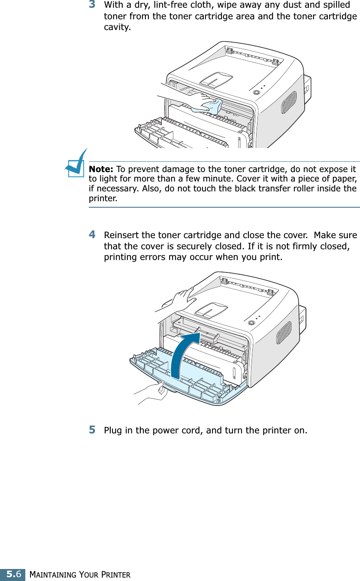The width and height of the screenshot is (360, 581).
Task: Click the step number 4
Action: tap(92, 235)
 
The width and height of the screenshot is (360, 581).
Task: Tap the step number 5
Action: tap(92, 430)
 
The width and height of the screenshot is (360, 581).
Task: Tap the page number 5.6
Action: tap(12, 574)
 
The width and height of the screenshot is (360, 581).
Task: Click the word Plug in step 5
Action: tap(113, 430)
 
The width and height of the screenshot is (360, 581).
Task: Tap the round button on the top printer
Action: tap(257, 92)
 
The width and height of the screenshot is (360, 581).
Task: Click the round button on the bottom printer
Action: tap(251, 323)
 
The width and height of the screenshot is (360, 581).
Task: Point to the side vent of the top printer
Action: tap(289, 102)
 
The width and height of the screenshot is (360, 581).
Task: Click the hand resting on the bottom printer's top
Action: tap(182, 297)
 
